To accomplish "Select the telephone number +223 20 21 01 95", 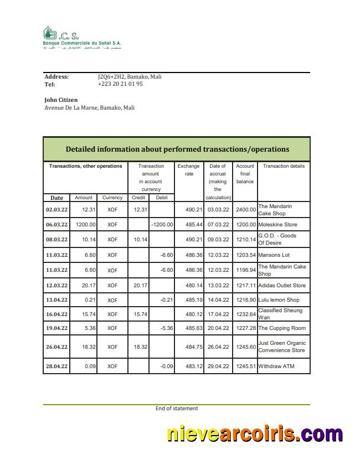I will [x=120, y=84].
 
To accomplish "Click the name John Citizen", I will [x=61, y=100].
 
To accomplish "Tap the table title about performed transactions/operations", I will [x=177, y=149].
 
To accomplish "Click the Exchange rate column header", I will [x=188, y=170].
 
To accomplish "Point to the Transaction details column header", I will [x=284, y=166].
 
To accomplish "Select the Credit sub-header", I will [x=138, y=198].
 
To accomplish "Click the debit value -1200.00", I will [x=162, y=225].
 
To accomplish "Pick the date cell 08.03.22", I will [x=56, y=240].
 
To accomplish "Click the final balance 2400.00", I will [x=245, y=210].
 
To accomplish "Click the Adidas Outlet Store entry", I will [x=282, y=286].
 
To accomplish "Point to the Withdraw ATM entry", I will [x=276, y=366].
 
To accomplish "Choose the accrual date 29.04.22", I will [x=218, y=366].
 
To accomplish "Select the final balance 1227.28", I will [x=245, y=328].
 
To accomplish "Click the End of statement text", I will [x=177, y=409].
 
